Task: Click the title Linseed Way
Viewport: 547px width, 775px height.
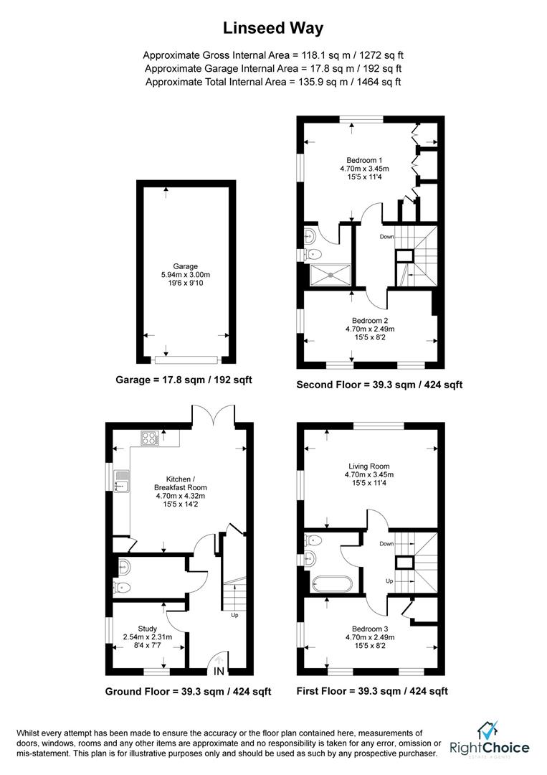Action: click(x=273, y=28)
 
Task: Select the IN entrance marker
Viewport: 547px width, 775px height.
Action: click(x=219, y=672)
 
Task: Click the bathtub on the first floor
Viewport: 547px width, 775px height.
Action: click(x=332, y=584)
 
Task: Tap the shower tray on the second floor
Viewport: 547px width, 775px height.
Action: click(x=330, y=273)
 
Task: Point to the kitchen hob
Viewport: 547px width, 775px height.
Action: click(x=151, y=437)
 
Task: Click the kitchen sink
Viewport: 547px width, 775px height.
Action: click(x=120, y=480)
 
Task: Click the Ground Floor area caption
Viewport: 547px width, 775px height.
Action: click(x=188, y=692)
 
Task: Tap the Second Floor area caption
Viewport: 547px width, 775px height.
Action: click(x=379, y=385)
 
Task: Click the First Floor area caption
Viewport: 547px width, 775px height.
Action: click(x=372, y=692)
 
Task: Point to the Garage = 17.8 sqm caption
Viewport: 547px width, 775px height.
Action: click(x=184, y=380)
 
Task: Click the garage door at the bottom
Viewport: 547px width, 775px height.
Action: click(x=186, y=359)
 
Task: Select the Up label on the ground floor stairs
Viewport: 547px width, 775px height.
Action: click(x=234, y=615)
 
